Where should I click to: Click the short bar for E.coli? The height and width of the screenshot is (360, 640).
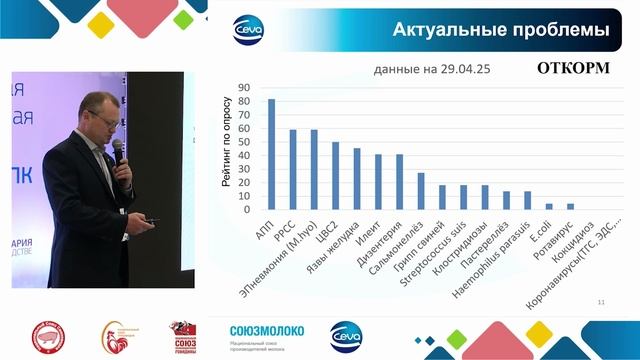[x=549, y=207]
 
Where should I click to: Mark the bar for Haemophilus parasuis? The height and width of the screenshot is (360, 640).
[x=528, y=201]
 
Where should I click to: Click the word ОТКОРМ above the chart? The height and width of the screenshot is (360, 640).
[x=573, y=70]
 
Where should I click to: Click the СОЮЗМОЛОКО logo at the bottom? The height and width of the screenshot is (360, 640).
[x=266, y=331]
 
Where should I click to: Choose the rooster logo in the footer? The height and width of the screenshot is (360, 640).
[x=115, y=338]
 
